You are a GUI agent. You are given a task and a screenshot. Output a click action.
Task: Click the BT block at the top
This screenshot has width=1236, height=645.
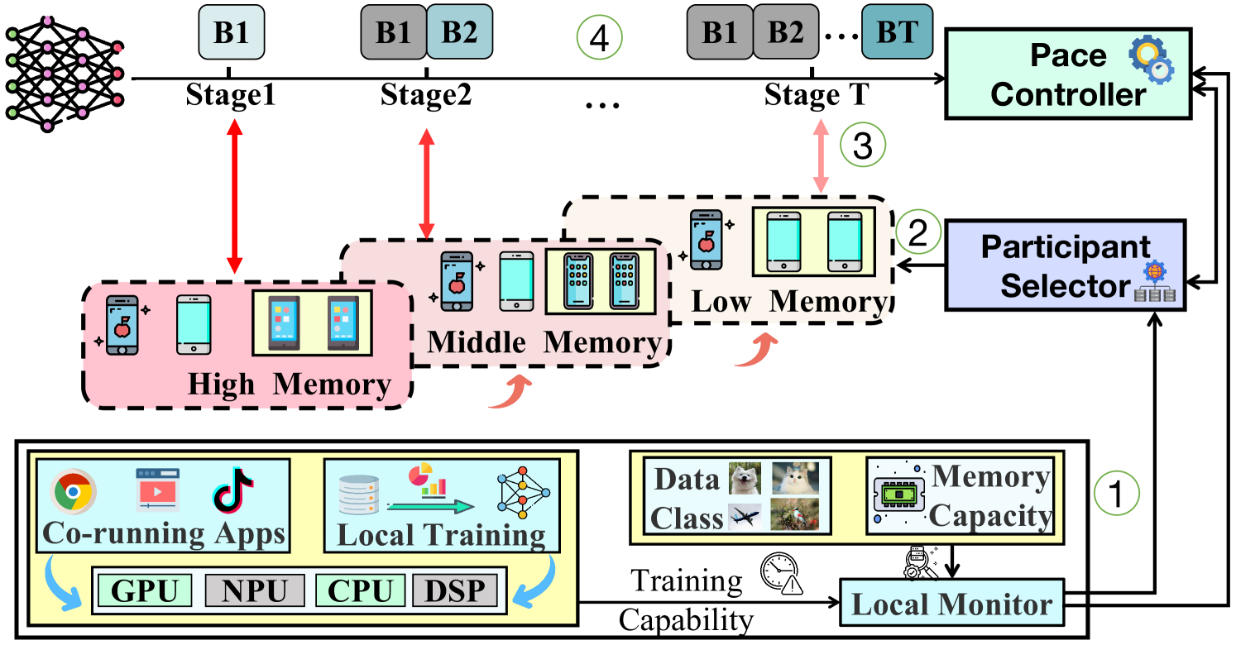coord(897,32)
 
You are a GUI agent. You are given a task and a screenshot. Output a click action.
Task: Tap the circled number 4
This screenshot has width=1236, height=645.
coord(599,39)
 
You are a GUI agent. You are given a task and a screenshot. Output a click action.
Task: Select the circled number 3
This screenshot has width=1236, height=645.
coord(863,146)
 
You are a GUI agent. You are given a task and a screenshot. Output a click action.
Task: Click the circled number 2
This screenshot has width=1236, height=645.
coord(918,234)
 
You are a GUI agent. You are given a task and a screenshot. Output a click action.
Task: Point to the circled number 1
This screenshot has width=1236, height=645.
coord(1116,494)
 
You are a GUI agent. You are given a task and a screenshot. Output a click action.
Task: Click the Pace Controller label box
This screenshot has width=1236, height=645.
coord(1067,74)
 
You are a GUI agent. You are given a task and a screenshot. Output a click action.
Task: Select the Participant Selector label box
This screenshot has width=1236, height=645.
coord(1065,265)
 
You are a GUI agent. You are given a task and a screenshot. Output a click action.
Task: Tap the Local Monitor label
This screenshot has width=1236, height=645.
coord(951,604)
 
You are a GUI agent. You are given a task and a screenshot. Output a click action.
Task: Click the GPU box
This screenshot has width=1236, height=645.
coord(145,591)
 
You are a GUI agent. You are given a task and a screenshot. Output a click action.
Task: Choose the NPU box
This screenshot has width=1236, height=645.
coord(255,591)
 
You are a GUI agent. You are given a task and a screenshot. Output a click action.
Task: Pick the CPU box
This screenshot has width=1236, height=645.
coord(361,591)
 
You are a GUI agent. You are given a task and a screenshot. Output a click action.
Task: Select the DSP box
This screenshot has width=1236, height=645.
coord(454,591)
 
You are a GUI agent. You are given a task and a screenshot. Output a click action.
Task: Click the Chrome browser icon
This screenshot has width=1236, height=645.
coord(73,492)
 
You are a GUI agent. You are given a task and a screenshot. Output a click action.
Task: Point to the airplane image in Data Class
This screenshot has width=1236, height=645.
coord(745,517)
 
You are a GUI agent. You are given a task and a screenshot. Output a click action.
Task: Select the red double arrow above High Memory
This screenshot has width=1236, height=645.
coord(235,196)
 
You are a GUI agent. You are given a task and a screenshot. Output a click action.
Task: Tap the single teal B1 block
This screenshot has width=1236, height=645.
coord(231,33)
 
